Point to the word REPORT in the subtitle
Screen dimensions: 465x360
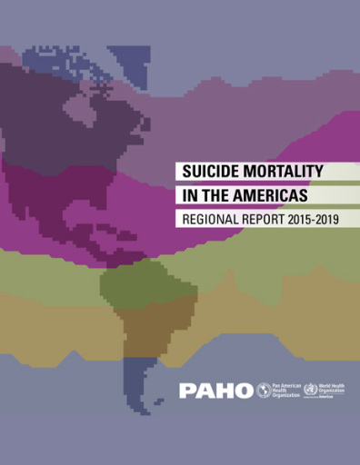[x=265, y=219]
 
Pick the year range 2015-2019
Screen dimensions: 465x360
[x=315, y=219]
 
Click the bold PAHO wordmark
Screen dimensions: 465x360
[x=216, y=391]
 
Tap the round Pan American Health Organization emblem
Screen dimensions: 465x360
[x=264, y=391]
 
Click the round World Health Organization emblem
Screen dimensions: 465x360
[x=310, y=391]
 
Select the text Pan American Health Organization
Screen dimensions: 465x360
[x=285, y=391]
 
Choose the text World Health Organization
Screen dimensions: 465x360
[x=334, y=389]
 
